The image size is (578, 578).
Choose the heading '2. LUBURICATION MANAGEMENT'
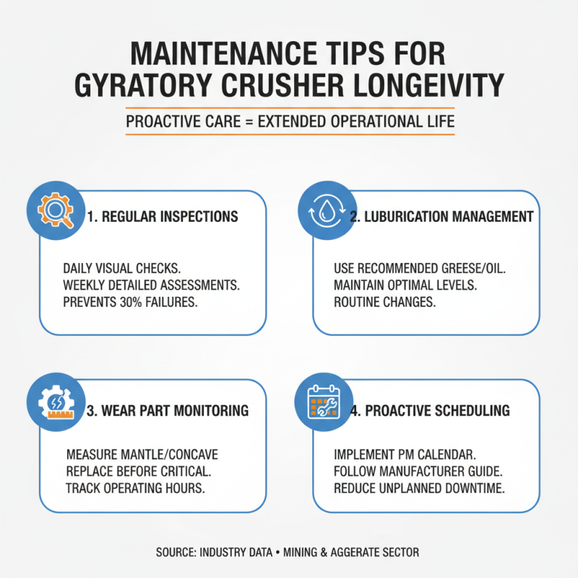coord(441,217)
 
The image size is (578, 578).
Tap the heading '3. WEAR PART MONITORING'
coord(167,410)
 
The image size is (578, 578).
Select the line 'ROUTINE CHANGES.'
coord(384,302)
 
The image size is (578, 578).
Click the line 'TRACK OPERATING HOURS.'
coord(135,488)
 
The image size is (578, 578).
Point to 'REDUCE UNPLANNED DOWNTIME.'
coord(419,488)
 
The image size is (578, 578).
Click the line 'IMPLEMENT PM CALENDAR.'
coord(404,454)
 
